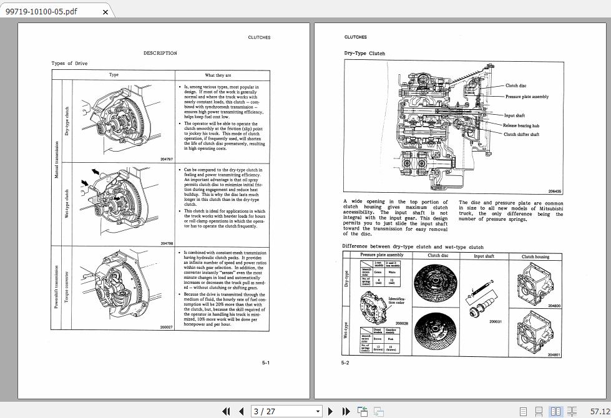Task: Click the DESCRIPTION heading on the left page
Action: tap(160, 53)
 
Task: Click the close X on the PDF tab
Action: tap(105, 12)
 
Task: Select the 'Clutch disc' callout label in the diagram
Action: tap(516, 86)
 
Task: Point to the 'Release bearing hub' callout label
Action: tap(521, 125)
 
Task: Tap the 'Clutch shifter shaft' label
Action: tap(521, 134)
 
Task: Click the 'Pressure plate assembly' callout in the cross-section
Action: tap(527, 97)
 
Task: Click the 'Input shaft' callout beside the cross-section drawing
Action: tap(514, 115)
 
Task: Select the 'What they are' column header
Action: tap(218, 75)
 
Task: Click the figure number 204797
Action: tap(167, 159)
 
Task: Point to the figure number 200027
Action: tap(166, 327)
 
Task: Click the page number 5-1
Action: tap(266, 362)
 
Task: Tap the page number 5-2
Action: tap(345, 362)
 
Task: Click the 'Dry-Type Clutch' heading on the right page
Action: tap(364, 54)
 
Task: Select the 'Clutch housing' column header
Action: tap(535, 256)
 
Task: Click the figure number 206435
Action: tap(554, 192)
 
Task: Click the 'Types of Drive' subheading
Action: tap(69, 64)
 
